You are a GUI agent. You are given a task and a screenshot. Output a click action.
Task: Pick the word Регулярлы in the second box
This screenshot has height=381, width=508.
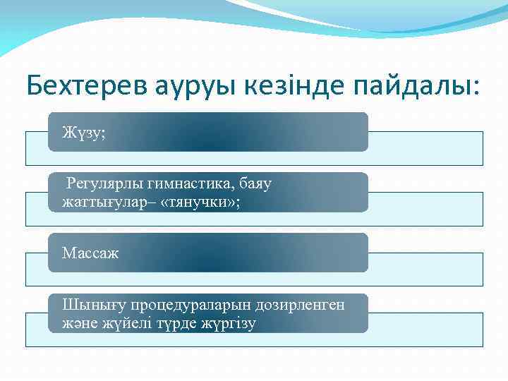click(104, 184)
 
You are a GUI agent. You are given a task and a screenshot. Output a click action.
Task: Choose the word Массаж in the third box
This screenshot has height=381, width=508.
click(90, 253)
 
